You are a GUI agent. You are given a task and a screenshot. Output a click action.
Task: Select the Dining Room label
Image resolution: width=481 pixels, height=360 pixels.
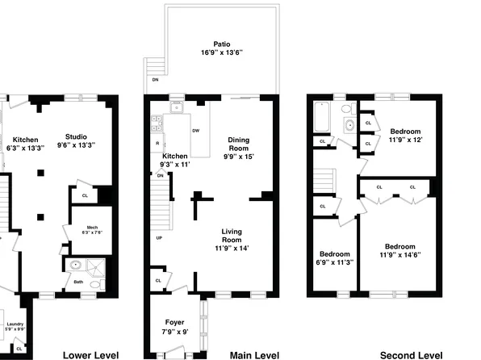coord(239,144)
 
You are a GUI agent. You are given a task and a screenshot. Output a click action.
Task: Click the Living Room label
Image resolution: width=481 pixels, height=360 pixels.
coord(232,236)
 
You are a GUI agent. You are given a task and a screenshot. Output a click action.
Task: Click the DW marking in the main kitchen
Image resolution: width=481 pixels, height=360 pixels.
coord(196,131)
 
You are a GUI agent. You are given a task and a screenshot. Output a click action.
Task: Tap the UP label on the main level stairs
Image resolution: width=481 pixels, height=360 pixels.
coord(159,238)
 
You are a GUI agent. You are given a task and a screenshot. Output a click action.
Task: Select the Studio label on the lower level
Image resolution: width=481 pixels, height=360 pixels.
coord(77,136)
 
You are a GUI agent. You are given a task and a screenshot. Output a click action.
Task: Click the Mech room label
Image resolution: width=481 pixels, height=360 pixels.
coord(92,228)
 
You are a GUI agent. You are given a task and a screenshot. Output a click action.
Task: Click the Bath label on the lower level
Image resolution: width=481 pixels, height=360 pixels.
coord(78,281)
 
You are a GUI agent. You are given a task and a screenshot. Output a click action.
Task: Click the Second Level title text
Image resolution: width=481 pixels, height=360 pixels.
coord(411,354)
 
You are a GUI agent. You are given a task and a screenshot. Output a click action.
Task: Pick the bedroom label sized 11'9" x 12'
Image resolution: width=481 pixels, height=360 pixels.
coord(406,131)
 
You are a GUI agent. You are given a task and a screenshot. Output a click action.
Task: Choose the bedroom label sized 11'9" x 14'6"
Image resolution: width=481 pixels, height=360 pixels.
coord(399,246)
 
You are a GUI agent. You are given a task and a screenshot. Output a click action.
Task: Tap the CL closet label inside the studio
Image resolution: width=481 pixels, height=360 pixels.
coord(85,195)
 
